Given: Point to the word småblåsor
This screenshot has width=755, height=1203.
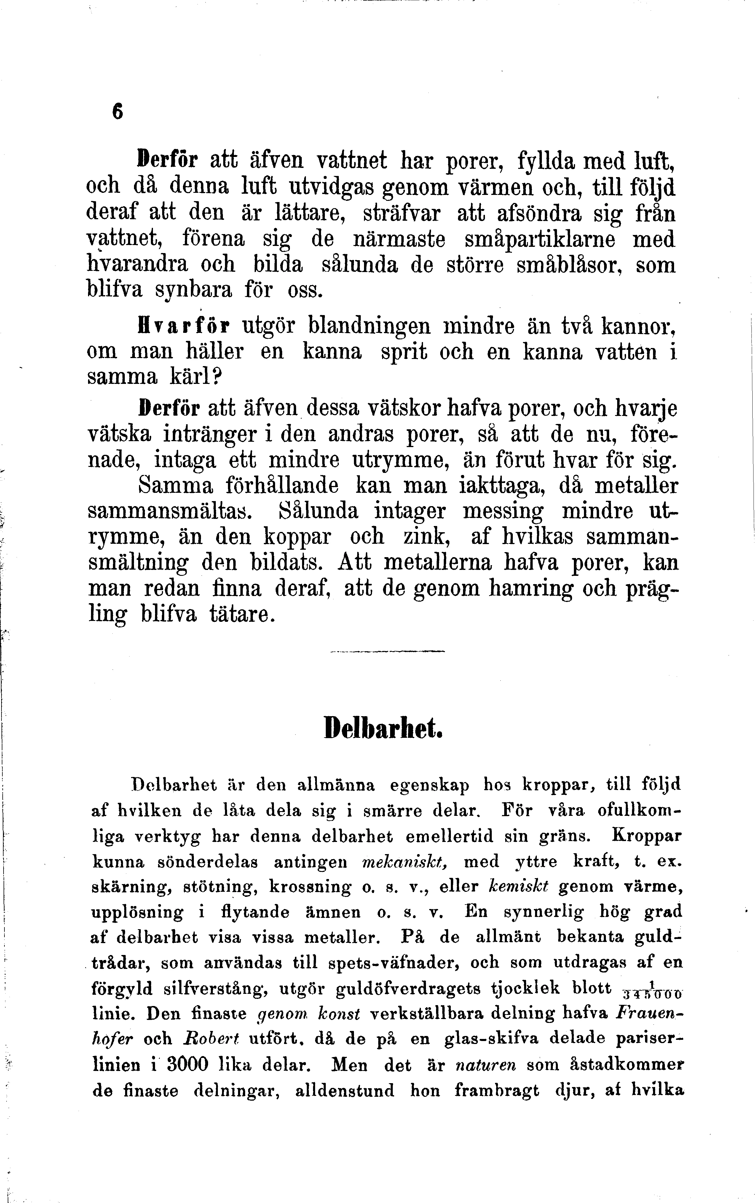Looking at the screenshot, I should [571, 265].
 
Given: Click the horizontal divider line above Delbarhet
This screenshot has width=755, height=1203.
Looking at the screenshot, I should [387, 651].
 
